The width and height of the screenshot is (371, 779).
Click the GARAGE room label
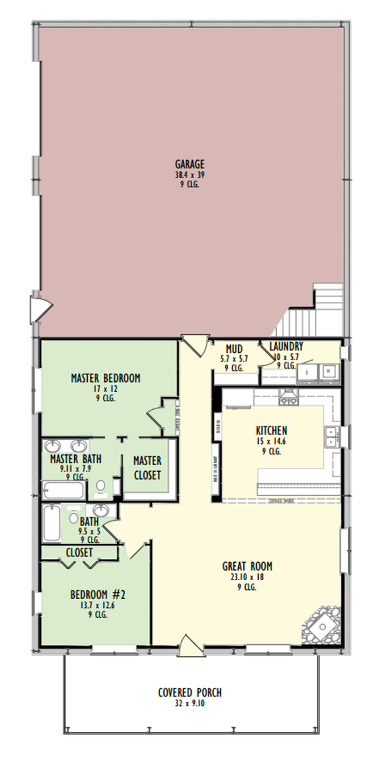click(190, 164)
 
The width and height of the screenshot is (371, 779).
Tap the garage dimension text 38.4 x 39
click(190, 174)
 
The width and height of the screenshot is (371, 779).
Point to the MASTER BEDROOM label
click(105, 378)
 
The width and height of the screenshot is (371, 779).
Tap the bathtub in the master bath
click(63, 490)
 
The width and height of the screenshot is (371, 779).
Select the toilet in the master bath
click(100, 487)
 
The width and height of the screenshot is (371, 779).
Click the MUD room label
click(234, 349)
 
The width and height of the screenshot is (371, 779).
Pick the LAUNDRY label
click(286, 347)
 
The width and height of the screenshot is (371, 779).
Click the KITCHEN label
click(271, 430)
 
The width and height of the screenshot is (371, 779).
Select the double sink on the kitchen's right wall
click(332, 437)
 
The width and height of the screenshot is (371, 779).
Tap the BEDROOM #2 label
click(93, 595)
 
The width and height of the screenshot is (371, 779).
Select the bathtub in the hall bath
click(52, 523)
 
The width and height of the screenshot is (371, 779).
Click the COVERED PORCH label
click(190, 693)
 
